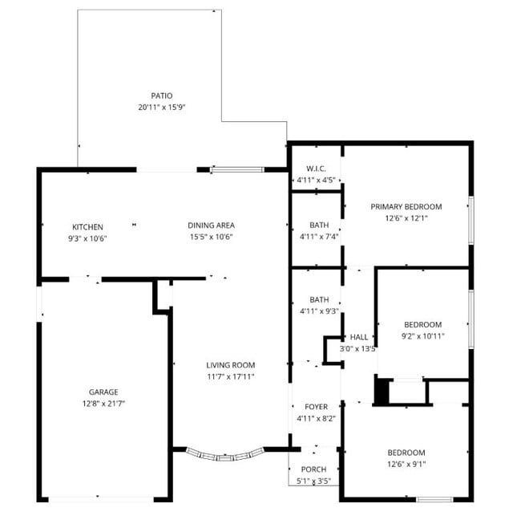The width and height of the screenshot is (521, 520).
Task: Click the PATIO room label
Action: click(161, 95)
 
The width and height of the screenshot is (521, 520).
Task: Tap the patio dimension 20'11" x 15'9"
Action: click(161, 107)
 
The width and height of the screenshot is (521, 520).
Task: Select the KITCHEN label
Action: click(87, 226)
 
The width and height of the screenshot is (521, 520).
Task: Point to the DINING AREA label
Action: click(212, 225)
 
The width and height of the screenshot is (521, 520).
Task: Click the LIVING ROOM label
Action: click(230, 365)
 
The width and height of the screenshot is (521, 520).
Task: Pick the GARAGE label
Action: click(103, 392)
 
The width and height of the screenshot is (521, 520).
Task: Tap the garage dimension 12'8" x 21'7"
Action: click(103, 404)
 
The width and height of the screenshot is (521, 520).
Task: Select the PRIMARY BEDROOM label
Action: click(406, 206)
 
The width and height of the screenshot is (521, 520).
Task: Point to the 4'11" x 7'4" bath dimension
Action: click(319, 237)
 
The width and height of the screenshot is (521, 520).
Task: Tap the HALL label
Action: click(358, 338)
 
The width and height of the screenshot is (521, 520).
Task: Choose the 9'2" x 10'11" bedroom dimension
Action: click(422, 336)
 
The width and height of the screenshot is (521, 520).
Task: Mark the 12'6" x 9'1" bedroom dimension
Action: click(406, 464)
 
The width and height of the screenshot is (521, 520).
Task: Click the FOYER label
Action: click(316, 407)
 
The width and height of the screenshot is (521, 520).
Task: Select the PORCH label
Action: click(313, 469)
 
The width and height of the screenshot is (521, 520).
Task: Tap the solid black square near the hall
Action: click(382, 392)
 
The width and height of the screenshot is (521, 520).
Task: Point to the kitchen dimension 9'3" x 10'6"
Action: click(87, 238)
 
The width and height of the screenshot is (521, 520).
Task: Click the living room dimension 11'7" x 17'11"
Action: click(230, 376)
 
